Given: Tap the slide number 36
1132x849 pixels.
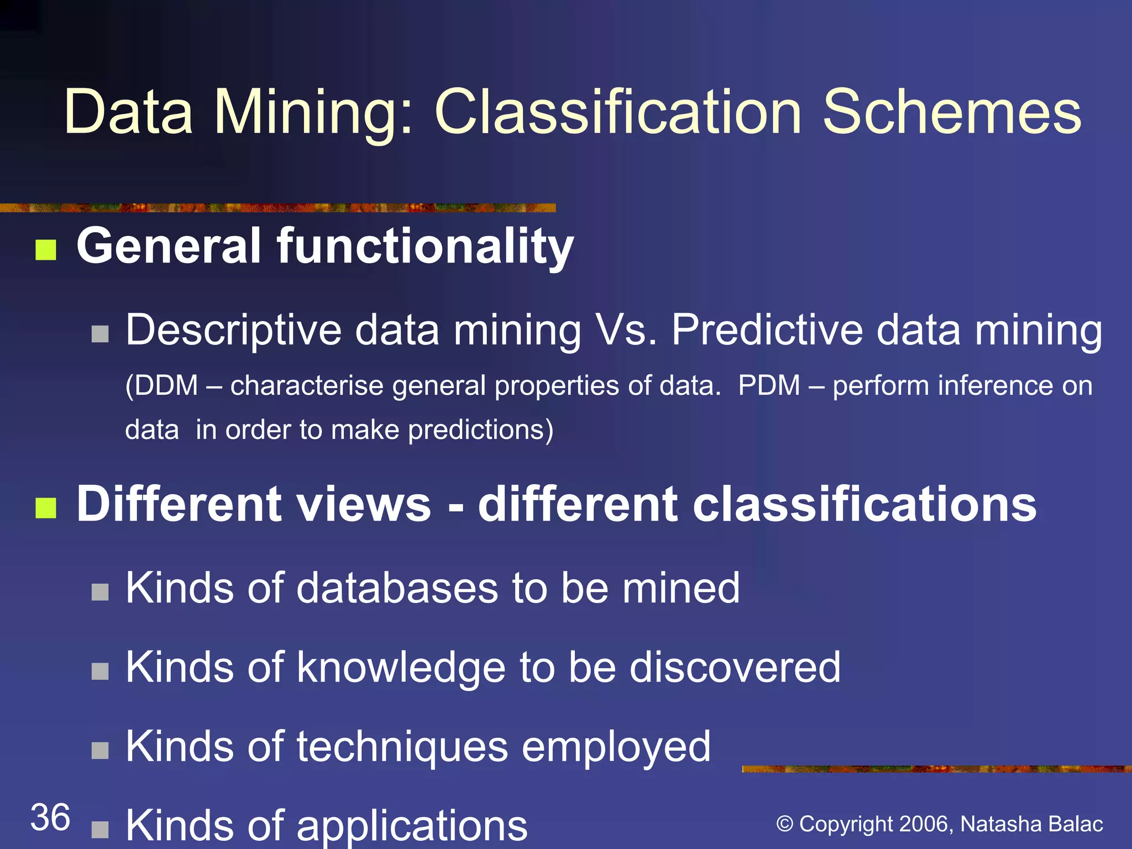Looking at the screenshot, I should (x=50, y=817).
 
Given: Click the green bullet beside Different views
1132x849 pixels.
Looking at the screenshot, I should (x=46, y=507).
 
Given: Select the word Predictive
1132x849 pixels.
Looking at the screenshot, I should (x=767, y=330).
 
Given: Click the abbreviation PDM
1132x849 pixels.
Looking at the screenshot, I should (x=769, y=385).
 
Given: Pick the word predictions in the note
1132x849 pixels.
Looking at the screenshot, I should (x=476, y=430).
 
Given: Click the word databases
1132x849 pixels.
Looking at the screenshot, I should (x=397, y=588).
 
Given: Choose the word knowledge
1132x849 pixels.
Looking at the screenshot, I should (x=401, y=667).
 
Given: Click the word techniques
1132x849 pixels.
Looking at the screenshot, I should (x=402, y=747).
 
